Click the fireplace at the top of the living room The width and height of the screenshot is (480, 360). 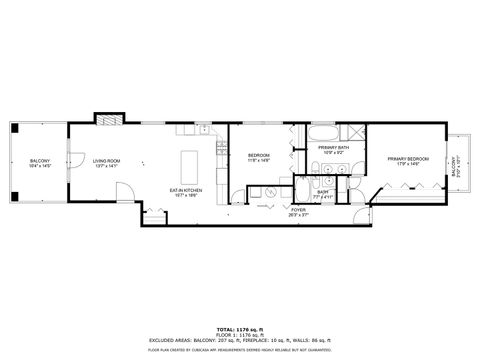tap(107, 119)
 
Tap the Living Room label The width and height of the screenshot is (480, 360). tap(106, 163)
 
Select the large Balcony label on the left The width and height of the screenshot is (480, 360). tap(40, 163)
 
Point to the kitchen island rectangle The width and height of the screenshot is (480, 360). tap(188, 165)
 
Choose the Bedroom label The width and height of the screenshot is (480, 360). tap(259, 157)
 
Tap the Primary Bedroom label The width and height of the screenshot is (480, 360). tap(408, 161)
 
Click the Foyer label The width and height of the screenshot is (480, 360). tap(297, 212)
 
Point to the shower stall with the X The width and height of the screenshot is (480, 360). tap(351, 133)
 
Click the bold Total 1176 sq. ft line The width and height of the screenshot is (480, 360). tap(240, 328)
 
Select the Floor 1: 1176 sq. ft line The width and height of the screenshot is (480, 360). tap(240, 333)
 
